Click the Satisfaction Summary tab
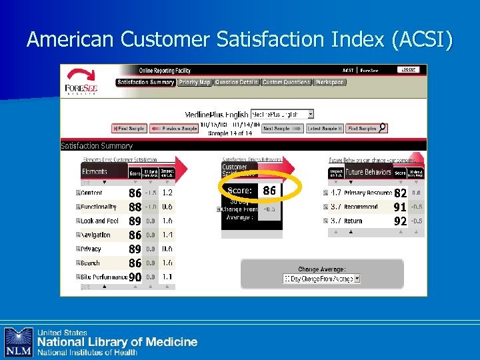pos(145,83)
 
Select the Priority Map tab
pos(195,83)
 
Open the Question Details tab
pos(237,83)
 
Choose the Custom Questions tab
pos(286,83)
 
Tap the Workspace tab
pos(329,83)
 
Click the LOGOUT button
pos(408,69)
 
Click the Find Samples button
pos(366,128)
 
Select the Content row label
pos(92,193)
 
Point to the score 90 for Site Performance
pos(135,277)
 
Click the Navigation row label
pos(95,235)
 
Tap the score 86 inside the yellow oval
pos(269,191)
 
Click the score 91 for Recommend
pos(400,207)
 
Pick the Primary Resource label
pos(367,193)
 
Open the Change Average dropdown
pos(321,279)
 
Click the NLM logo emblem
pos(19,342)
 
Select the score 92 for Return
pos(400,221)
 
